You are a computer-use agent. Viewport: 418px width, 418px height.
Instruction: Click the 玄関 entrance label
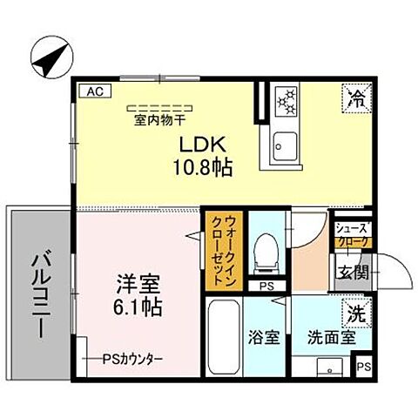click(x=353, y=272)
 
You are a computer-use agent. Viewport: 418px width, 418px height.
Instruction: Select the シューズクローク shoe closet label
click(x=352, y=233)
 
